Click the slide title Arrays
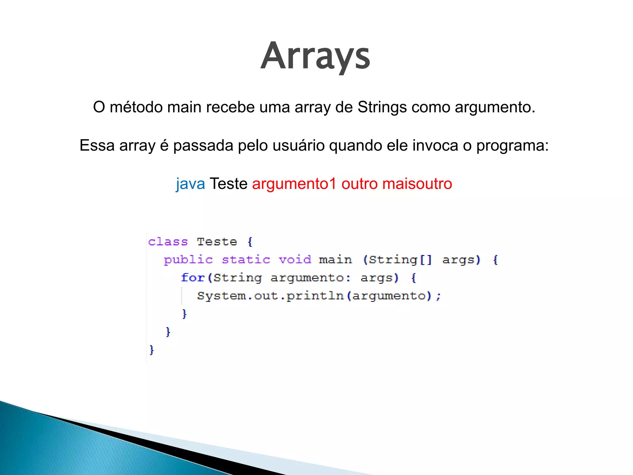pyautogui.click(x=315, y=56)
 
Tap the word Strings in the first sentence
pyautogui.click(x=382, y=107)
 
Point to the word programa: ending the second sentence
pyautogui.click(x=512, y=146)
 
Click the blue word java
pyautogui.click(x=190, y=184)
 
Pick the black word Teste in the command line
pyautogui.click(x=228, y=184)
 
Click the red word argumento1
pyautogui.click(x=294, y=184)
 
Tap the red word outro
pyautogui.click(x=359, y=184)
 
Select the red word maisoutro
pyautogui.click(x=417, y=184)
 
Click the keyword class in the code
pyautogui.click(x=168, y=242)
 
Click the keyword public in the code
pyautogui.click(x=188, y=260)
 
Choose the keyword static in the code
pyautogui.click(x=246, y=259)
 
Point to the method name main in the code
pyautogui.click(x=335, y=259)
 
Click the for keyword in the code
pyautogui.click(x=193, y=277)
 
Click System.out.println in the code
pyautogui.click(x=270, y=296)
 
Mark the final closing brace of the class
pyautogui.click(x=151, y=350)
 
